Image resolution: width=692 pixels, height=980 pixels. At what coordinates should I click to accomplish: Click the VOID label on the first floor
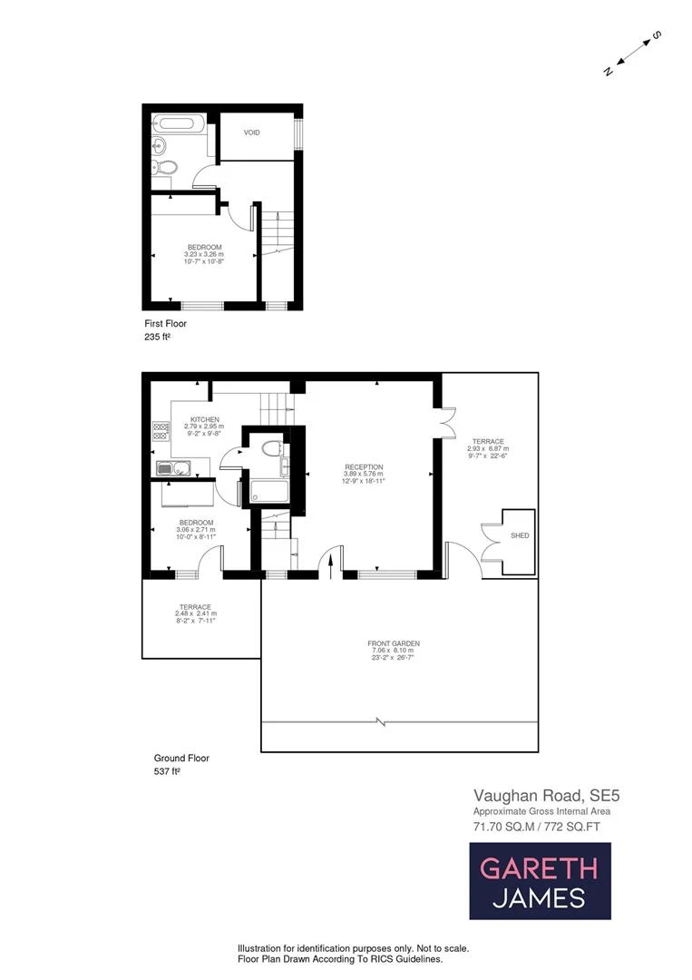click(x=252, y=132)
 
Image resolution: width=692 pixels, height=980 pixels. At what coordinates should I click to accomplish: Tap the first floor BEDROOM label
click(x=204, y=247)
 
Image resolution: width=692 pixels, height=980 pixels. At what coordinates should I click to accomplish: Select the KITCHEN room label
click(x=204, y=418)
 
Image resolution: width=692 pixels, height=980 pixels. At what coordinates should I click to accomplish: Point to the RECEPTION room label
click(x=363, y=466)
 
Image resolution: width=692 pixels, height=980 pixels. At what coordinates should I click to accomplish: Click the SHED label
click(x=520, y=536)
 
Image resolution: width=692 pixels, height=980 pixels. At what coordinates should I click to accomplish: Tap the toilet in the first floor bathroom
click(x=163, y=167)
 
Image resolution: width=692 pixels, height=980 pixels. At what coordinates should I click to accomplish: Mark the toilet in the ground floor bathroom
click(x=270, y=447)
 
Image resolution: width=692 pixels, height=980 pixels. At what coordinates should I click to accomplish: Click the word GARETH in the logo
click(x=539, y=867)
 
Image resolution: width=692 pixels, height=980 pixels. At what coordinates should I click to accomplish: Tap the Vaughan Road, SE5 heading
click(x=546, y=795)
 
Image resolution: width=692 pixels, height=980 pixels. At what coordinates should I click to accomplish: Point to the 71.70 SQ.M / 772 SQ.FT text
click(x=536, y=827)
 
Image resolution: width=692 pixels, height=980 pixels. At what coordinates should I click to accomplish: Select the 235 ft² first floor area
click(x=158, y=337)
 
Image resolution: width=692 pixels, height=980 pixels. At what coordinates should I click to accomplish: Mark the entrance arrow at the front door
click(x=331, y=564)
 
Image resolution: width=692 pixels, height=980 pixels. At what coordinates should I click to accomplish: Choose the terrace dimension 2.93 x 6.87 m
click(x=488, y=448)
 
